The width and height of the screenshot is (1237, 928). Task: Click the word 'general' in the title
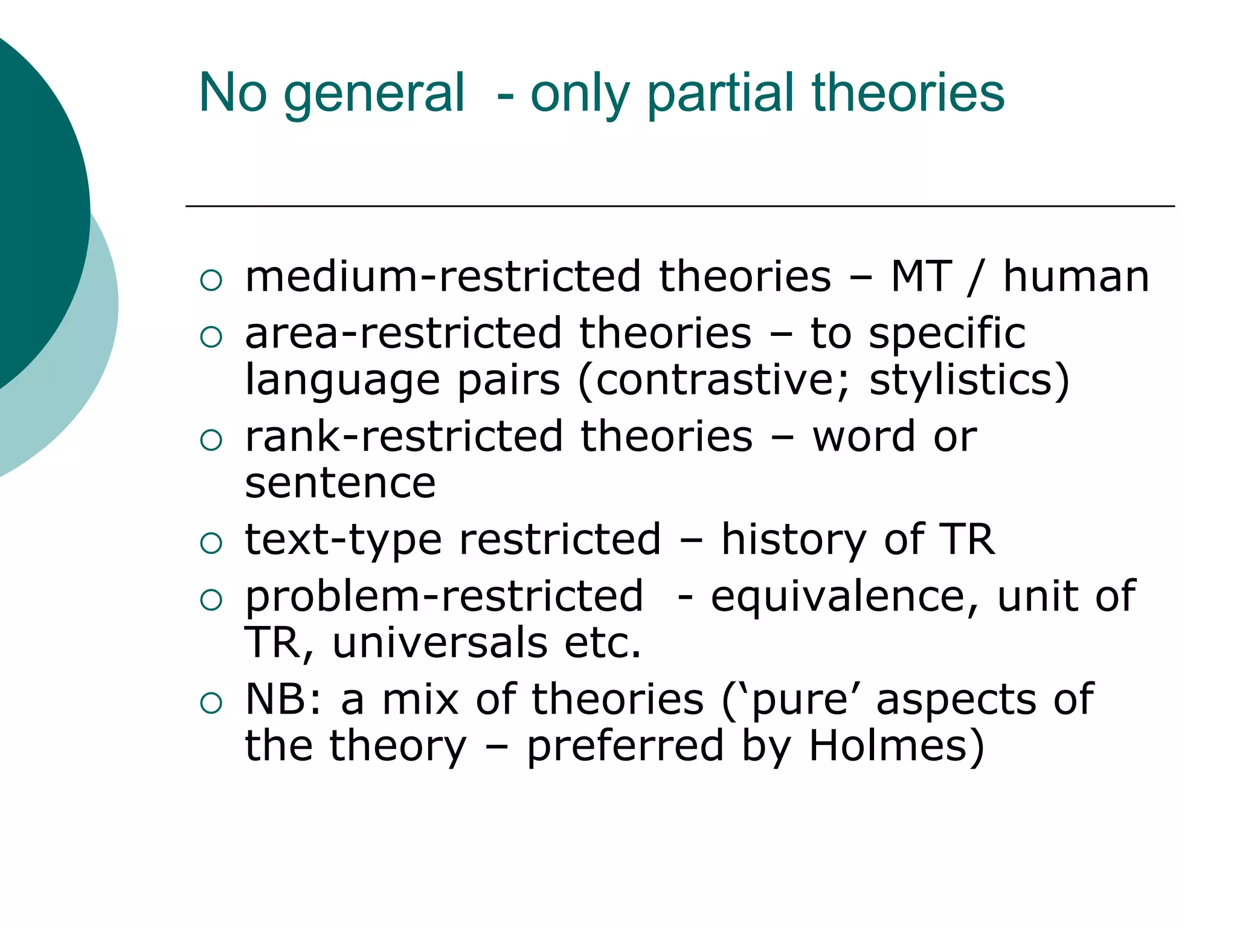(374, 94)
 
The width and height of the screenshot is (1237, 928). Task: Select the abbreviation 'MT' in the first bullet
(922, 277)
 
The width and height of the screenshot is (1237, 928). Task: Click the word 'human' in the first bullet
(1076, 277)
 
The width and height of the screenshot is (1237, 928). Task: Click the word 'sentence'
(340, 483)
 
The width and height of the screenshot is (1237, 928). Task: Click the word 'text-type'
(343, 540)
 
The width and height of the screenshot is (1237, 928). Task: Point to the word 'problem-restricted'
(444, 596)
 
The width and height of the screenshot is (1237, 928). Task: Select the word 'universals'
(440, 642)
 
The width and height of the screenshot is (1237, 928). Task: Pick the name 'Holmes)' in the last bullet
(896, 746)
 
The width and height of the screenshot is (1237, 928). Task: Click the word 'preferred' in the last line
(625, 746)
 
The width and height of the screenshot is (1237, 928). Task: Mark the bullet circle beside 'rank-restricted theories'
(211, 440)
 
